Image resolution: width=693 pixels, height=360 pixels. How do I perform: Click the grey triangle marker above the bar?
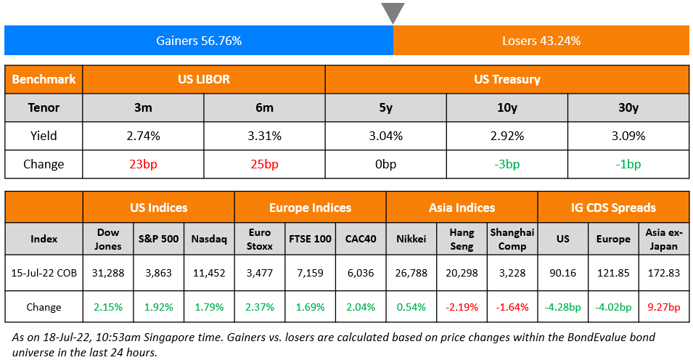click(x=393, y=12)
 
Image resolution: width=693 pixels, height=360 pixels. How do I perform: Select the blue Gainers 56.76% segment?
click(x=199, y=41)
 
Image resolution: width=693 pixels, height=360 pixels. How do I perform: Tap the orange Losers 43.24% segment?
click(x=541, y=41)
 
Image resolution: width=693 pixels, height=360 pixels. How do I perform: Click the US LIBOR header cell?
click(x=204, y=79)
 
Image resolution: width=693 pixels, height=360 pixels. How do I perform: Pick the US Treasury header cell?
click(x=507, y=79)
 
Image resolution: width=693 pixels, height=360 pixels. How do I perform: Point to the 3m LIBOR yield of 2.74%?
click(x=143, y=136)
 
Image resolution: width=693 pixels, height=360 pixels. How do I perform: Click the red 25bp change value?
click(x=264, y=164)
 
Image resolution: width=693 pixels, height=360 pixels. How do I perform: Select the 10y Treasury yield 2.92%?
click(x=507, y=136)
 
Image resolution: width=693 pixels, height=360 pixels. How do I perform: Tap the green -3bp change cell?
click(x=507, y=164)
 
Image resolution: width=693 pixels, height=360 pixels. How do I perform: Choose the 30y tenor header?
click(x=628, y=107)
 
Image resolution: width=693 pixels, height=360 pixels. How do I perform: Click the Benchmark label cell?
click(x=44, y=79)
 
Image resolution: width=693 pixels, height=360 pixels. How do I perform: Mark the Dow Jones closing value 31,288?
click(x=108, y=274)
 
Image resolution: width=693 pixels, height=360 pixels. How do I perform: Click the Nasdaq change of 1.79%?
click(x=209, y=306)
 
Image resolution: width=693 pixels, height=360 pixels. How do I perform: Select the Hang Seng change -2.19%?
click(x=462, y=306)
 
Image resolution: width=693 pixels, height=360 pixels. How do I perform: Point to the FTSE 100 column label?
click(x=310, y=239)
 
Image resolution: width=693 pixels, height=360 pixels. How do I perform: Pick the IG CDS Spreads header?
click(x=613, y=208)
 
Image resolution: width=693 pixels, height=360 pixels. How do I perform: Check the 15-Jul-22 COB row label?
click(x=44, y=274)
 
